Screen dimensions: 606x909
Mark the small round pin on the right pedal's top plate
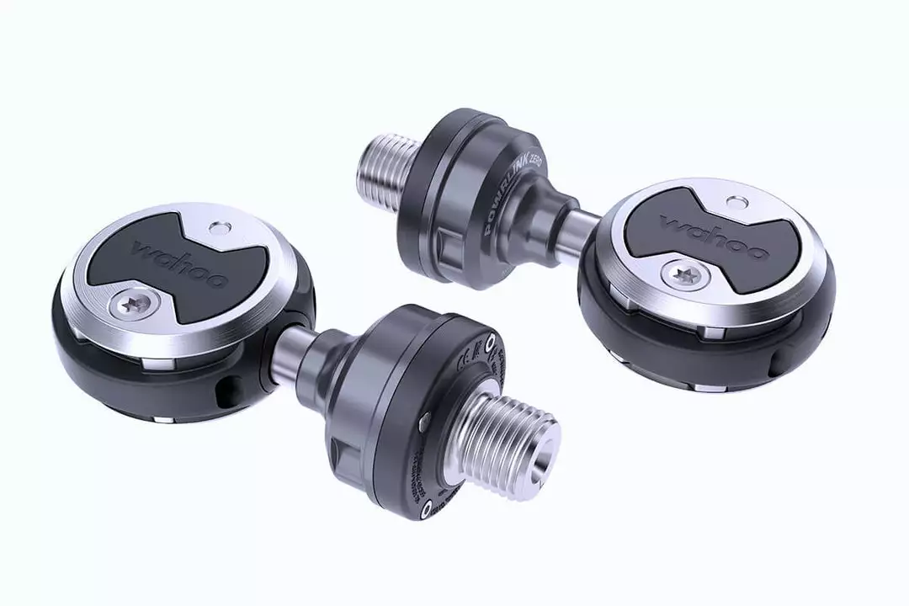click(x=737, y=202)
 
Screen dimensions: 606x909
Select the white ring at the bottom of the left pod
click(x=428, y=505)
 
